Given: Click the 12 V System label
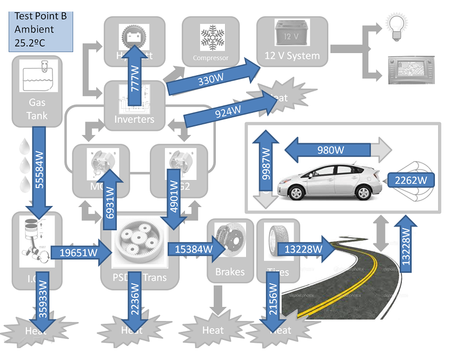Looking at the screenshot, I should tap(292, 56).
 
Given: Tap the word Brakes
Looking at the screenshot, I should tap(229, 272).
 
